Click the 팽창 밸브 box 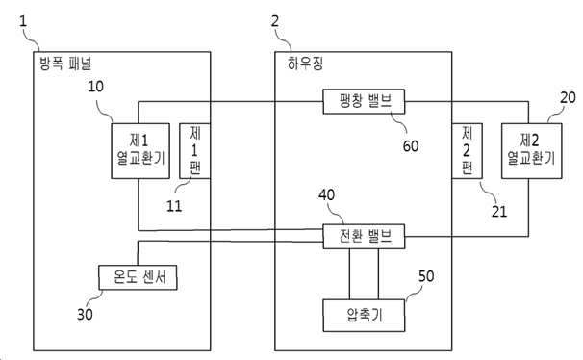(x=364, y=101)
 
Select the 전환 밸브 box (x=364, y=236)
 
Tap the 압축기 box (x=364, y=316)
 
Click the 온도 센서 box (x=138, y=277)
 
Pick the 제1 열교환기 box (x=140, y=150)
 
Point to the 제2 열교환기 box (x=531, y=150)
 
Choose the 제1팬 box (x=195, y=150)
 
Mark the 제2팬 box (x=467, y=150)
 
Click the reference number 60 (x=411, y=146)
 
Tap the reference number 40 (x=326, y=194)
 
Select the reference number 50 (x=426, y=276)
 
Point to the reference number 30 (x=85, y=314)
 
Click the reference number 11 (x=174, y=206)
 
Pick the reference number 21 (x=499, y=212)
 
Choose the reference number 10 (x=95, y=87)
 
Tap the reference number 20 (x=568, y=97)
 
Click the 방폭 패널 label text (x=65, y=64)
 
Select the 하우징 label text (x=305, y=64)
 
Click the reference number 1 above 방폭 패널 (x=23, y=21)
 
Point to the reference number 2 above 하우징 (x=275, y=21)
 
